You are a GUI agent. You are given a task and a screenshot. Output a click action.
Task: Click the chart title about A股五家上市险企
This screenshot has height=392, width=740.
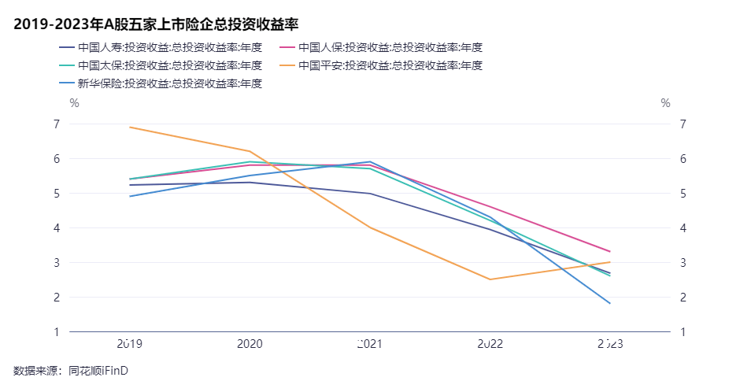[x=161, y=24]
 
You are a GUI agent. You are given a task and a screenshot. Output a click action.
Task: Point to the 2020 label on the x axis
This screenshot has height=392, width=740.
[x=250, y=344]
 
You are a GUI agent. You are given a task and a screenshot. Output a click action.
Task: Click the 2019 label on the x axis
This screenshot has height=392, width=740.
[x=129, y=344]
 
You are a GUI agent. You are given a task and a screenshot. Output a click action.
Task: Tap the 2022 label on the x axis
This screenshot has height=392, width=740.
[x=490, y=344]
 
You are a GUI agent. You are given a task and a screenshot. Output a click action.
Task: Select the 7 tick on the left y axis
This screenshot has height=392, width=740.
[x=57, y=124]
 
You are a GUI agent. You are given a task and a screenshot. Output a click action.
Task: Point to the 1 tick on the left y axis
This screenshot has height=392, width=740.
[x=57, y=331]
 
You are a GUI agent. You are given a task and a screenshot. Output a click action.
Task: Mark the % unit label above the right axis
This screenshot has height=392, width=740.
[x=665, y=102]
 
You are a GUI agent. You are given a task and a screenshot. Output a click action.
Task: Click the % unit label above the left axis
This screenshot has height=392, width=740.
[x=74, y=102]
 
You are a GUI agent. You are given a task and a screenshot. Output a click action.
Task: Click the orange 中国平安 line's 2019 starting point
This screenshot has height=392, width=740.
[x=129, y=127]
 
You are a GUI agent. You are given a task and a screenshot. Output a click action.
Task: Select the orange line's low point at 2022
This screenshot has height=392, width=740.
[x=490, y=279]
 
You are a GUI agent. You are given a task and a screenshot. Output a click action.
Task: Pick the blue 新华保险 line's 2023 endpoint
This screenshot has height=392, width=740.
[x=610, y=303]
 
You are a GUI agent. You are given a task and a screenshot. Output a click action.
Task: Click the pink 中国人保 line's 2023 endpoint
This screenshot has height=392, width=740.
[x=610, y=251]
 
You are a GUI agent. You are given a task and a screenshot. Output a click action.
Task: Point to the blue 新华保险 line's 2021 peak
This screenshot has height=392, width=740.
[x=370, y=161]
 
